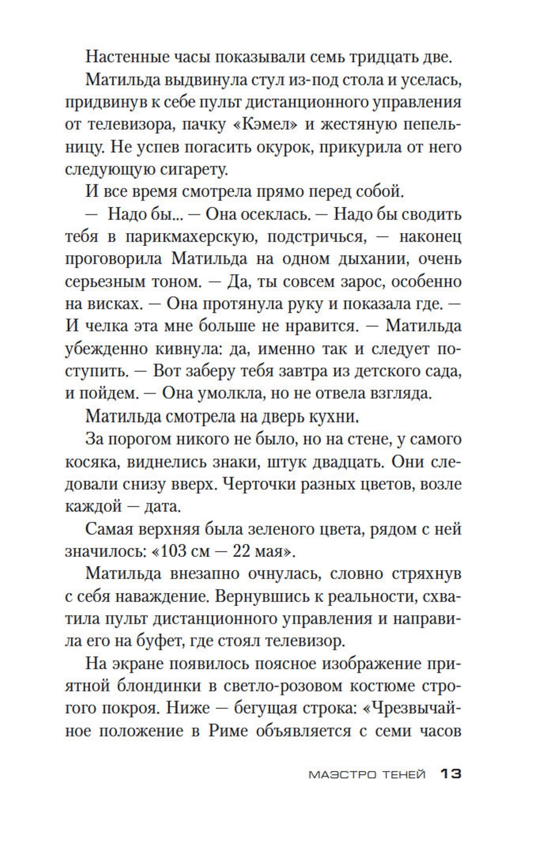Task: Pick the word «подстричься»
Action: (317, 237)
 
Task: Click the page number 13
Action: (451, 774)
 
